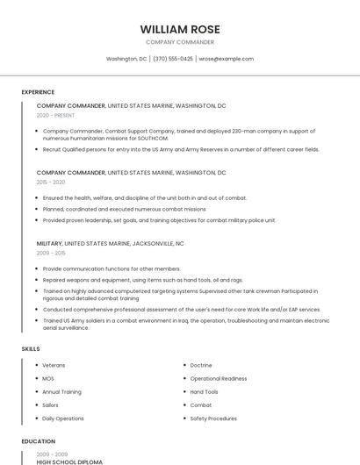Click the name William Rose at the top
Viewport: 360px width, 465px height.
pyautogui.click(x=180, y=29)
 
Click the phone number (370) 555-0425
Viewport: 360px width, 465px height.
pyautogui.click(x=173, y=59)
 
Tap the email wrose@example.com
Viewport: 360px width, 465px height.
pyautogui.click(x=226, y=59)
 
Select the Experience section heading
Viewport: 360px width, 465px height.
pyautogui.click(x=38, y=92)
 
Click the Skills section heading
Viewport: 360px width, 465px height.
pyautogui.click(x=31, y=349)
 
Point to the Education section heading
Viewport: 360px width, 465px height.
pyautogui.click(x=38, y=441)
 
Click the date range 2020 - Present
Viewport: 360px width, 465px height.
pyautogui.click(x=55, y=115)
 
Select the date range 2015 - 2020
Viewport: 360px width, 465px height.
pyautogui.click(x=51, y=182)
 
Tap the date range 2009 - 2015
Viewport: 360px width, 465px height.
pyautogui.click(x=51, y=253)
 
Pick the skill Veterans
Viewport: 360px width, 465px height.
pyautogui.click(x=54, y=365)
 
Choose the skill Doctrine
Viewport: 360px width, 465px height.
pyautogui.click(x=201, y=365)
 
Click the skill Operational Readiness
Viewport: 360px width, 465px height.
pyautogui.click(x=219, y=378)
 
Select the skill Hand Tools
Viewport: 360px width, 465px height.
pyautogui.click(x=205, y=391)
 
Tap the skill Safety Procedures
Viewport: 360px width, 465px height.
pyautogui.click(x=213, y=418)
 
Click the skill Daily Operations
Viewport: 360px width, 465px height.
pyautogui.click(x=63, y=418)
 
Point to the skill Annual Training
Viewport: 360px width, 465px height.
pyautogui.click(x=61, y=391)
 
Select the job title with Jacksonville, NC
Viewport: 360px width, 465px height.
pyautogui.click(x=111, y=243)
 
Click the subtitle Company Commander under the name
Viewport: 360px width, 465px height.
pyautogui.click(x=180, y=42)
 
